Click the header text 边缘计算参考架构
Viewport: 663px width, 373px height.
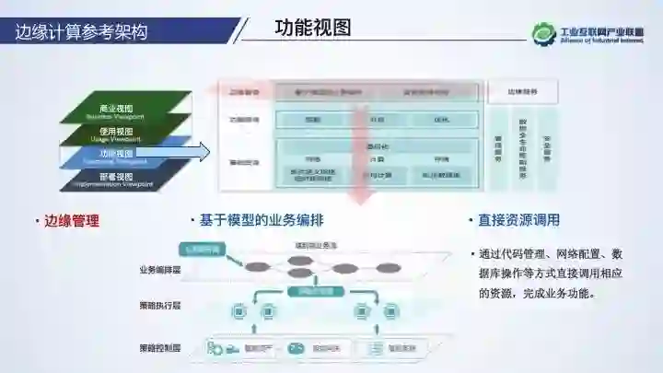(81, 31)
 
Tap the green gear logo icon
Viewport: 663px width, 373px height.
(543, 33)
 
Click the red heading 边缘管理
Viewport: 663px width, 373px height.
(71, 221)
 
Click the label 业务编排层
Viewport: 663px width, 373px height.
(159, 270)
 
